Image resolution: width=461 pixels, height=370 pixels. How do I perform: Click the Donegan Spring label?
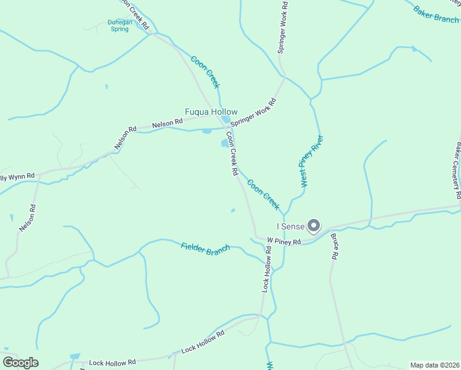[120, 25]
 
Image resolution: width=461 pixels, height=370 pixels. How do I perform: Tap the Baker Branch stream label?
[436, 14]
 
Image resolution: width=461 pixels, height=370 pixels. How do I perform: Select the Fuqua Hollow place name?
[211, 112]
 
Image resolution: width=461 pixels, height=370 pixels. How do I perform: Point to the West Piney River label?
[312, 161]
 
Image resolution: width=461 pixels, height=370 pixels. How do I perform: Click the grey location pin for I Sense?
[314, 226]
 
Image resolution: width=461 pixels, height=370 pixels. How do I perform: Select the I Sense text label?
[290, 227]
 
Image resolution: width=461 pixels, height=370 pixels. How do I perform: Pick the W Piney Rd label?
[284, 241]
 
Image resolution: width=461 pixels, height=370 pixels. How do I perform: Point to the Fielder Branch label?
[205, 248]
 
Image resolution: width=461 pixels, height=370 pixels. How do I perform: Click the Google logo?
[20, 363]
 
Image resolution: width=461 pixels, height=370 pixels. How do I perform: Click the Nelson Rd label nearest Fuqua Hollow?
[168, 123]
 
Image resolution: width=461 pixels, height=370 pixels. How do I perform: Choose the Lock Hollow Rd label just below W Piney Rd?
[266, 269]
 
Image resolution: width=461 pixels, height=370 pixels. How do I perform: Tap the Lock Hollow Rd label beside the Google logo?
[112, 363]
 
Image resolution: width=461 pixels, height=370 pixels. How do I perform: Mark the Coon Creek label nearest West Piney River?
[263, 194]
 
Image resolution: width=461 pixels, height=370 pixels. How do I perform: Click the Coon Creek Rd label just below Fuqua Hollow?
[231, 154]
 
